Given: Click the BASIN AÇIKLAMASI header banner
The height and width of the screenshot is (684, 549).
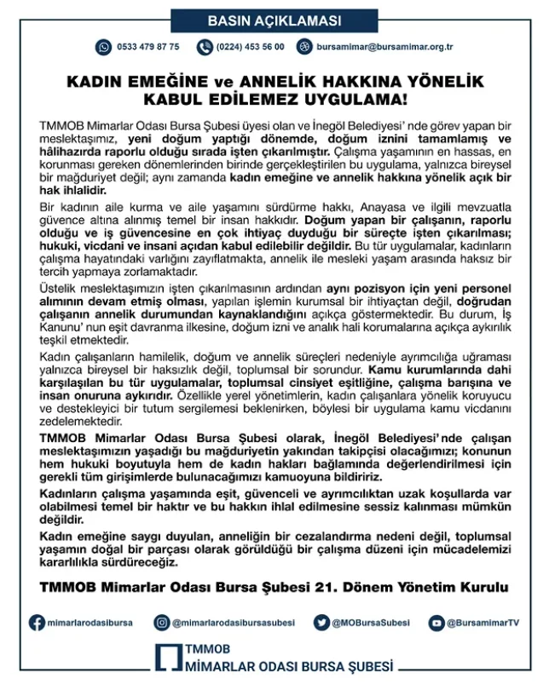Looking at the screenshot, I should click(274, 20).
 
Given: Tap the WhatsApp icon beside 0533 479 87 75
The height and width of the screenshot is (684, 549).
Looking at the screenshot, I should click(104, 47).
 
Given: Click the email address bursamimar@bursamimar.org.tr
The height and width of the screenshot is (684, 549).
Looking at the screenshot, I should click(384, 47).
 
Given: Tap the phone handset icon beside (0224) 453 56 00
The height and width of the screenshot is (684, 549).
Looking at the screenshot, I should click(203, 47).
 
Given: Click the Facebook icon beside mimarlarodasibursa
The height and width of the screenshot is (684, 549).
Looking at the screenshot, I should click(37, 624).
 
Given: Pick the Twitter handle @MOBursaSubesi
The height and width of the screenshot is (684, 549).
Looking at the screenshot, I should click(371, 624).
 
